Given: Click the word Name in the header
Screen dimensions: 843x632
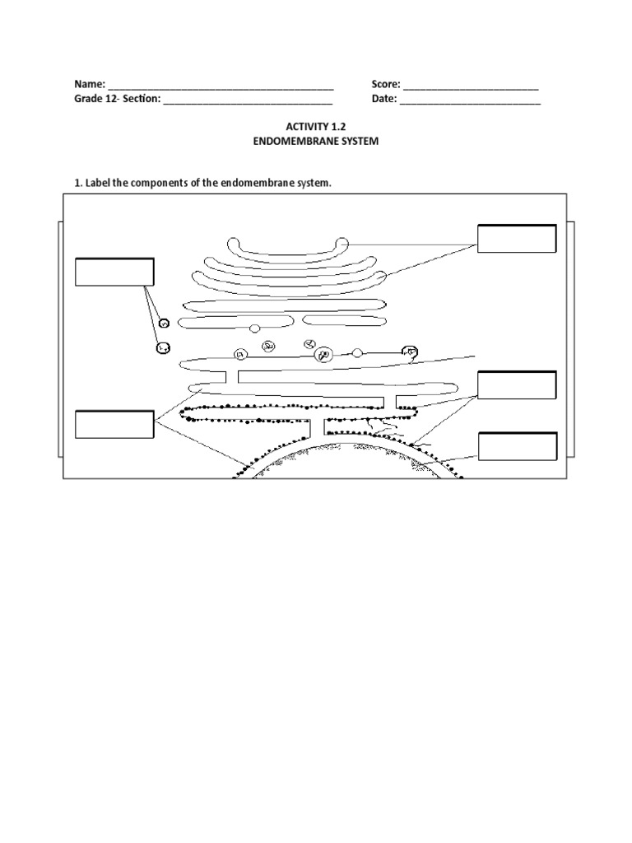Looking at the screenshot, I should [x=88, y=84].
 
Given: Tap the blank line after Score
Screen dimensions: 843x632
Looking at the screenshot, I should [x=471, y=86].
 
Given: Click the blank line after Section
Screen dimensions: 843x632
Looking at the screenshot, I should [x=248, y=102].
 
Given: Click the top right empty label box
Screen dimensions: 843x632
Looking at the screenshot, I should [x=517, y=239].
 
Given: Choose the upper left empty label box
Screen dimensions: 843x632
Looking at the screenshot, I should [x=114, y=272].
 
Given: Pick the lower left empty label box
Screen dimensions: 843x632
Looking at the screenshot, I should [x=114, y=424].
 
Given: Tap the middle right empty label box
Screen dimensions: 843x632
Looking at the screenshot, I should [x=517, y=385].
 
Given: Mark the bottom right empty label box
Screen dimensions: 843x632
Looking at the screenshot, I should [x=518, y=446].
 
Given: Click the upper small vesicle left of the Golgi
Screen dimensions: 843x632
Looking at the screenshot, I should [x=165, y=324].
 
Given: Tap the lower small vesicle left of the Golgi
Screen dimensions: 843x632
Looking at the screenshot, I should [x=163, y=348].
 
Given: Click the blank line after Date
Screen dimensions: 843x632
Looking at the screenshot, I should [x=470, y=102].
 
